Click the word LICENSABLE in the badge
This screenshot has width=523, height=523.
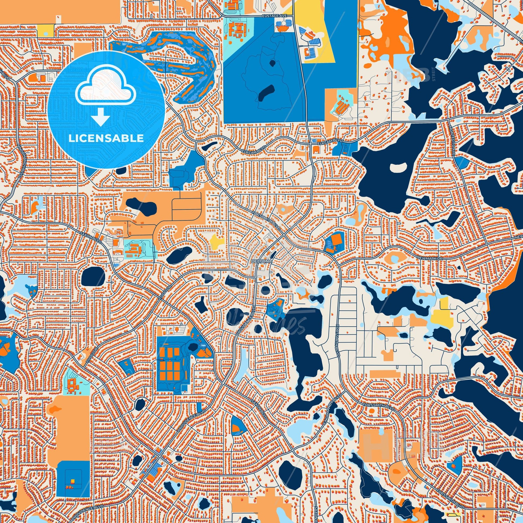tap(106, 138)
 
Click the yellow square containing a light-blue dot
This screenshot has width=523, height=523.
tap(46, 31)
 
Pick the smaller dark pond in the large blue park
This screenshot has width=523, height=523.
tap(272, 63)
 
